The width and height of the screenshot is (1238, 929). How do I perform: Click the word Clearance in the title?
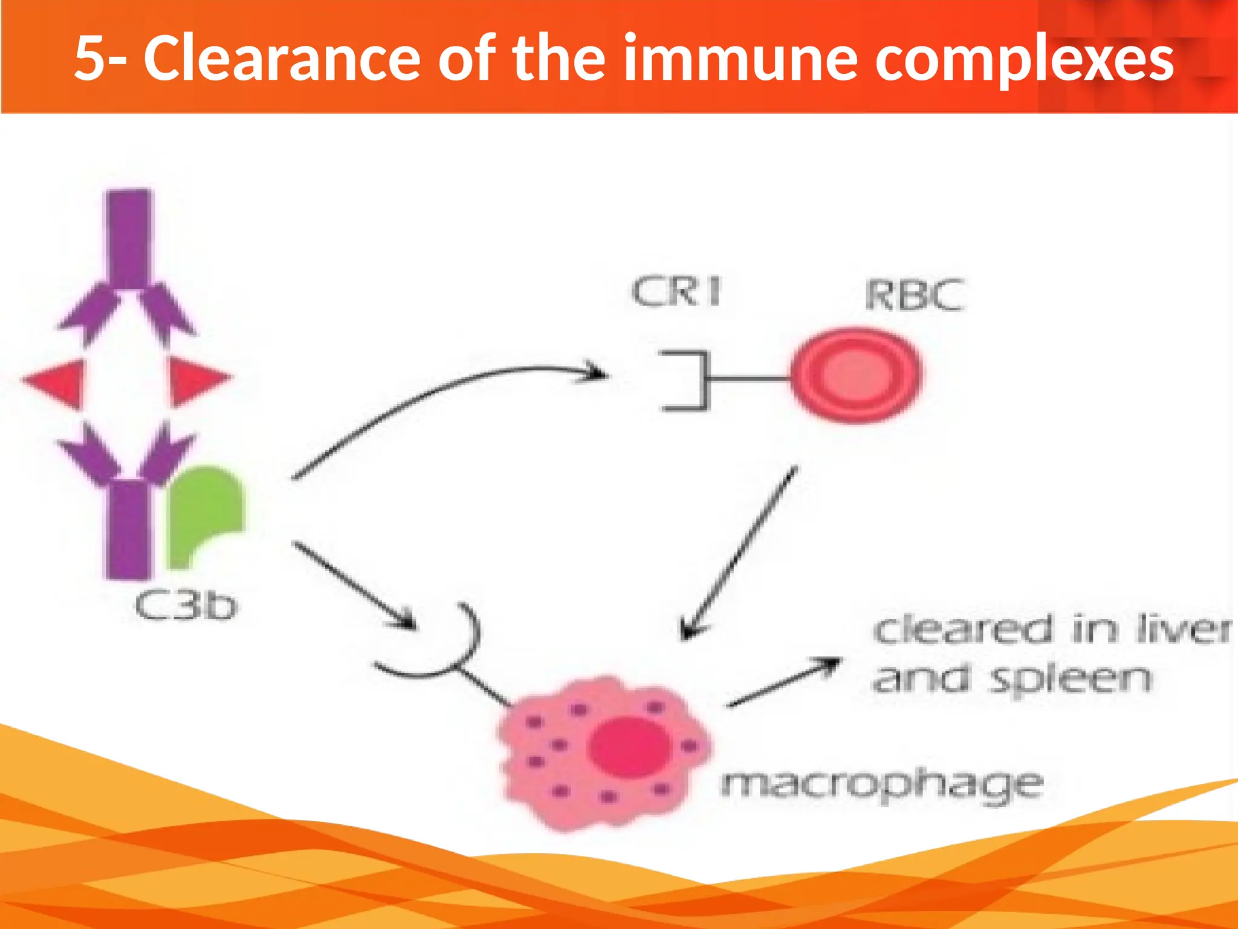(x=281, y=59)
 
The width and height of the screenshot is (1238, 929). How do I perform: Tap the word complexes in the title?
(x=1024, y=59)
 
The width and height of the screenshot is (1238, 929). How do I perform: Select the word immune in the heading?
(x=741, y=59)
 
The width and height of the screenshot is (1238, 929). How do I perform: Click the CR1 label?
(x=676, y=293)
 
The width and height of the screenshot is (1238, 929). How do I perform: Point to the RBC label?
(x=913, y=296)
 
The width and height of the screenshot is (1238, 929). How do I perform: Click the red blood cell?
(x=855, y=374)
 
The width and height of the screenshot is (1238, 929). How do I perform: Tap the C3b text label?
(x=186, y=606)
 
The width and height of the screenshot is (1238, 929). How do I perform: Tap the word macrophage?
(x=881, y=784)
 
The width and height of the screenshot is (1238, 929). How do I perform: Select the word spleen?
(x=1070, y=679)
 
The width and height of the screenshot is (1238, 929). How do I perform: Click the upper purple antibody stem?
(x=128, y=239)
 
